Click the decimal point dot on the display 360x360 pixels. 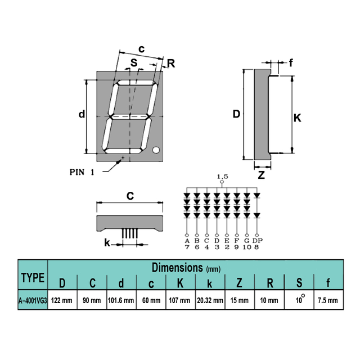click(156, 150)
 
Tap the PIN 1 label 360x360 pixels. click(82, 172)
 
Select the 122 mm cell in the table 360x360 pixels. click(62, 300)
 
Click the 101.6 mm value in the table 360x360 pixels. click(120, 300)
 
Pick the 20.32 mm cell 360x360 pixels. click(210, 300)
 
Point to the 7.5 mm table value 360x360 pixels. click(327, 300)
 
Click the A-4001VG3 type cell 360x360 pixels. click(32, 300)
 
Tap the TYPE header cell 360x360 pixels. click(33, 277)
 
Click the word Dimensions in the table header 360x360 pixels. click(177, 268)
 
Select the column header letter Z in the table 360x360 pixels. click(238, 282)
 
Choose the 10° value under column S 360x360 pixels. click(299, 300)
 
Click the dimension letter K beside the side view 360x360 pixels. click(298, 118)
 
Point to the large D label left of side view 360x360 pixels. click(236, 115)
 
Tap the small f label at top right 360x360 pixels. click(291, 63)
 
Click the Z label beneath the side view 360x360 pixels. click(261, 175)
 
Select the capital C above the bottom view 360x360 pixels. click(129, 196)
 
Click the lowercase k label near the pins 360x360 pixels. click(107, 244)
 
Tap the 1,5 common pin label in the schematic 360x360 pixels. click(222, 177)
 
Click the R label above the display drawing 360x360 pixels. click(171, 63)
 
